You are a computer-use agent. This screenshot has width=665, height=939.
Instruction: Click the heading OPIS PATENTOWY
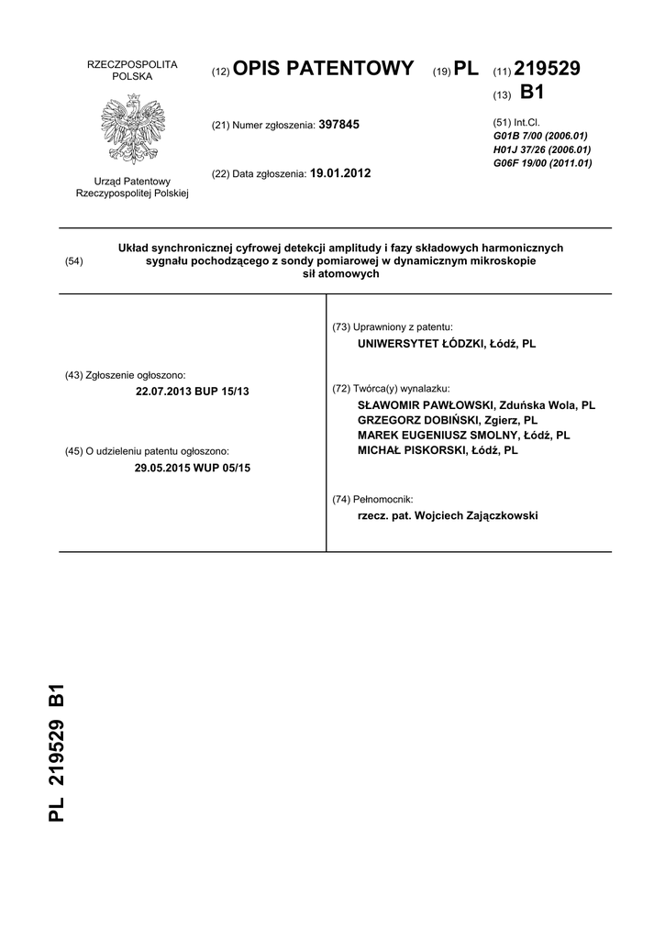(x=324, y=69)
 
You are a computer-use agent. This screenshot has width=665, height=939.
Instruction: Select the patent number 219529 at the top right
(x=548, y=69)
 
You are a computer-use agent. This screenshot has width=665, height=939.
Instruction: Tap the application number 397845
(x=338, y=124)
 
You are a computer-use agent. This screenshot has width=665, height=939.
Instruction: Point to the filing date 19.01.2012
(x=340, y=172)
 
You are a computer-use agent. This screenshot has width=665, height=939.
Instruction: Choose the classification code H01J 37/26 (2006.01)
(x=542, y=149)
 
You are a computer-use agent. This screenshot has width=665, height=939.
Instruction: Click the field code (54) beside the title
(x=74, y=261)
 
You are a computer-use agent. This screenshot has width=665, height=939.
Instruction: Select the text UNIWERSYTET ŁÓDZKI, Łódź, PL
(x=447, y=343)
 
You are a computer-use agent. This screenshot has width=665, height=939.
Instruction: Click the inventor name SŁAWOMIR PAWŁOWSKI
(x=423, y=404)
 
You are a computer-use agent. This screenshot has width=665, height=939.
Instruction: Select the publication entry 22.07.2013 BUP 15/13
(x=192, y=392)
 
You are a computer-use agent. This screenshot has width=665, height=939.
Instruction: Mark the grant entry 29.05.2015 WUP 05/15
(x=192, y=468)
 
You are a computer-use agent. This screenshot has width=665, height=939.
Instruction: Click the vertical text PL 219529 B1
(x=57, y=753)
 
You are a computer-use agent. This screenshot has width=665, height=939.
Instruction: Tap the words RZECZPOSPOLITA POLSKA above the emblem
(x=132, y=70)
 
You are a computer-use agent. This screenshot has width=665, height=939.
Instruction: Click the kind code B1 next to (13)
(x=532, y=93)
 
